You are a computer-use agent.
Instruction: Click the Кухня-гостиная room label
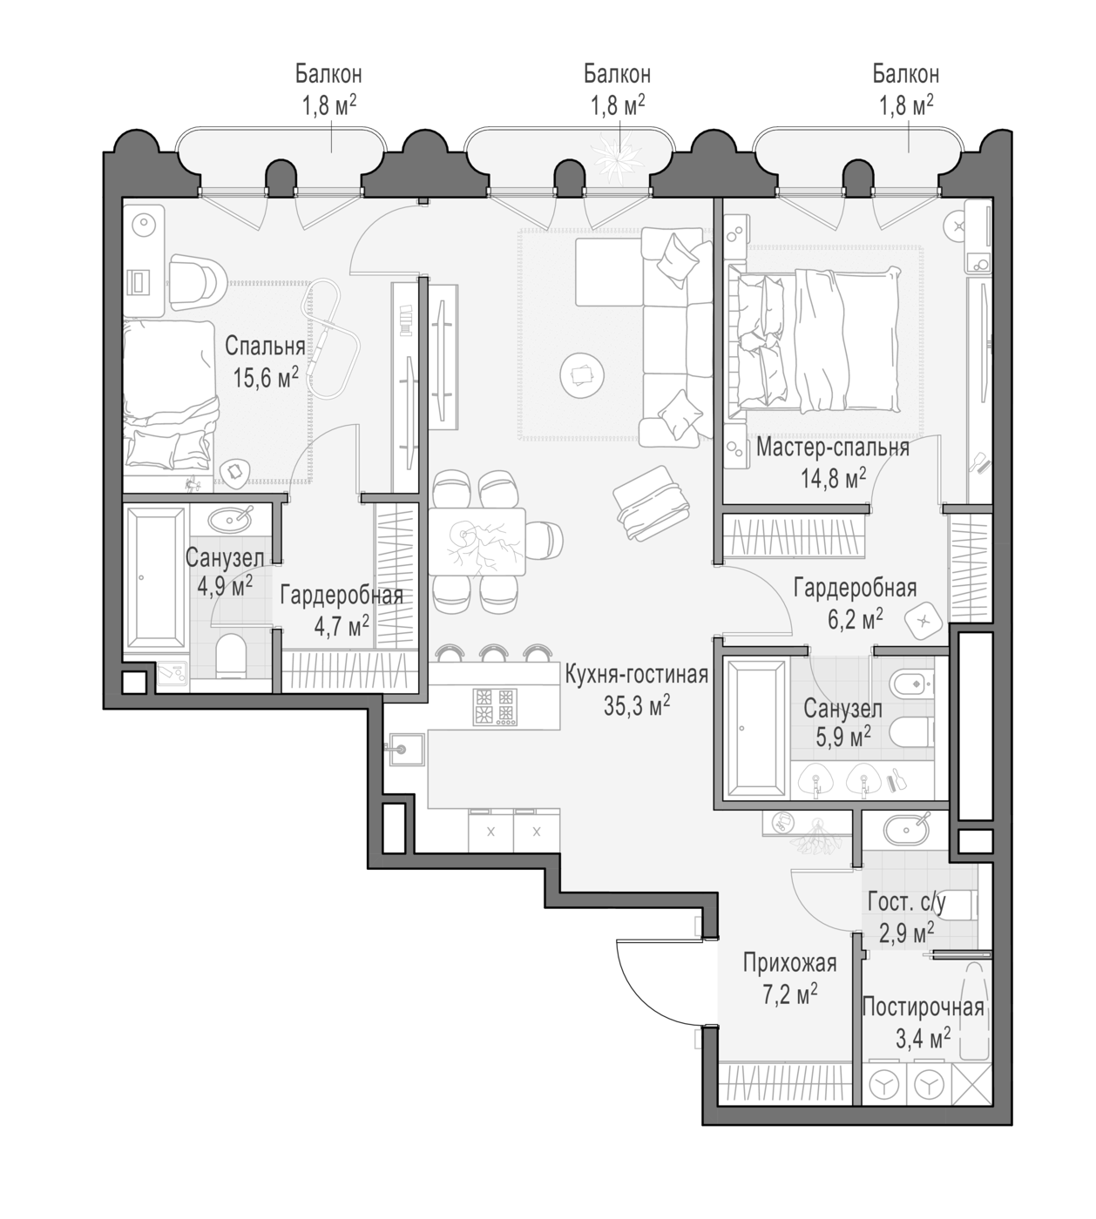637,675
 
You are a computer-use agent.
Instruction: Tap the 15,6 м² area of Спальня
266,378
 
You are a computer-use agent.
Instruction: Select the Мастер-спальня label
833,448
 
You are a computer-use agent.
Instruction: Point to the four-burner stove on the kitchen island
495,706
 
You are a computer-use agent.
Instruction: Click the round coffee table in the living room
582,375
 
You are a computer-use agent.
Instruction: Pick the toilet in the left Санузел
231,656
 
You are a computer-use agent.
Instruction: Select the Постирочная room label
923,1007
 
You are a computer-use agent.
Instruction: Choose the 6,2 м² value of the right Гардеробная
856,619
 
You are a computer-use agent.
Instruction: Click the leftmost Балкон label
328,75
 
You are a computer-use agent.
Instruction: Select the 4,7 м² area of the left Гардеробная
342,627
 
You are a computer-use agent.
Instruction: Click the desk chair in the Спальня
198,281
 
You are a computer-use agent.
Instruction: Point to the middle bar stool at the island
494,653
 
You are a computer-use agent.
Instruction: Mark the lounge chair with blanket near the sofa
653,503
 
